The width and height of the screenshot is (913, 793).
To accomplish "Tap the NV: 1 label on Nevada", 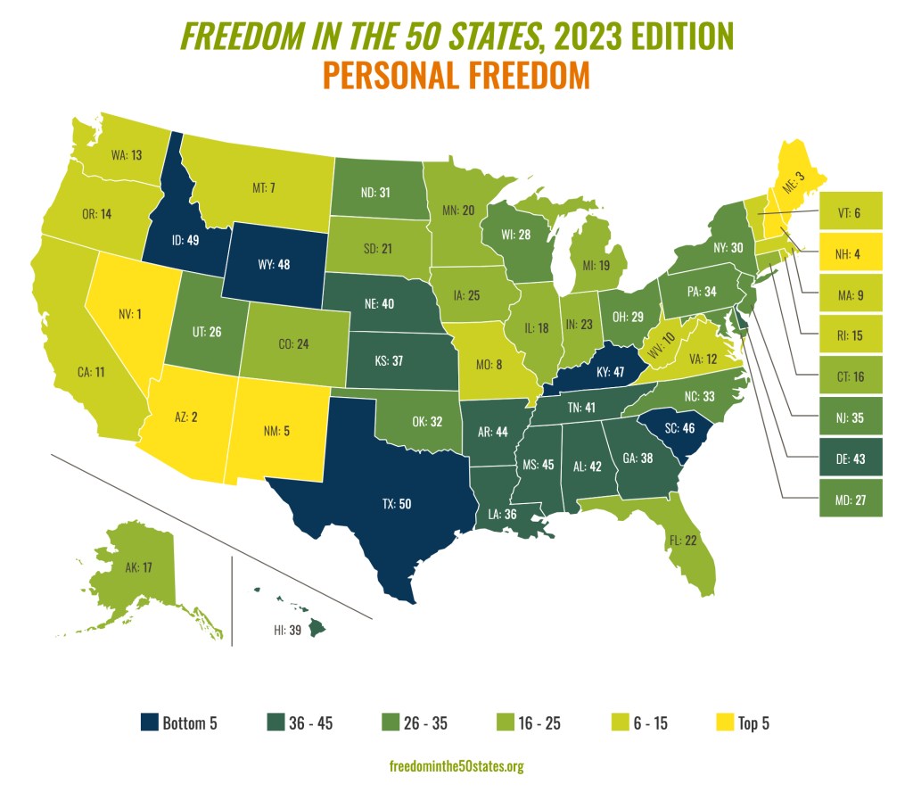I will [132, 315].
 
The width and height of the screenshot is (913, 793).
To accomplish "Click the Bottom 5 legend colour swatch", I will [150, 723].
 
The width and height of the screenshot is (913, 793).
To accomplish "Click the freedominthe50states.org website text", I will [456, 766].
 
